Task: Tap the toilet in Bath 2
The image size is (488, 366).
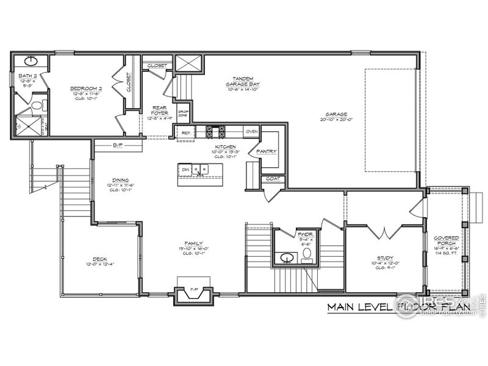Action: tap(38, 106)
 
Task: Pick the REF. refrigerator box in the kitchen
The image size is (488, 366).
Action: tap(185, 132)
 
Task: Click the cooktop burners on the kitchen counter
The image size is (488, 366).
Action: tap(216, 131)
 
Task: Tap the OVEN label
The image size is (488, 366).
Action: tap(251, 131)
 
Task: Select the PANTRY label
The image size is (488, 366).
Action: tap(267, 151)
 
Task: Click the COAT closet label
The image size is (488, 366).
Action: tap(272, 179)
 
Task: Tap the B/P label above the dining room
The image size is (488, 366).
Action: tap(118, 145)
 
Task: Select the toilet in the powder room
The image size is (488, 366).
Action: tap(307, 253)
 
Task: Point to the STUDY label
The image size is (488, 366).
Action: tap(384, 258)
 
